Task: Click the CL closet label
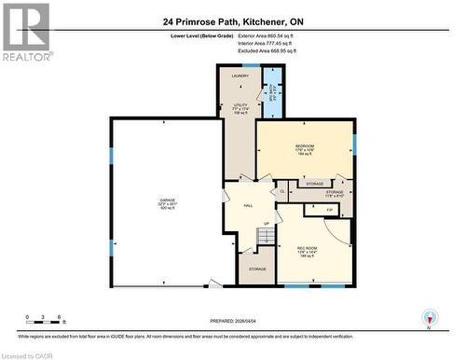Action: (282, 190)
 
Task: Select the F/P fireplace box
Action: (330, 211)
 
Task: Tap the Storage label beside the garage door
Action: (256, 270)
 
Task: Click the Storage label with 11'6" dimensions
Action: (334, 194)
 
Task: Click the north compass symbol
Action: (428, 318)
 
